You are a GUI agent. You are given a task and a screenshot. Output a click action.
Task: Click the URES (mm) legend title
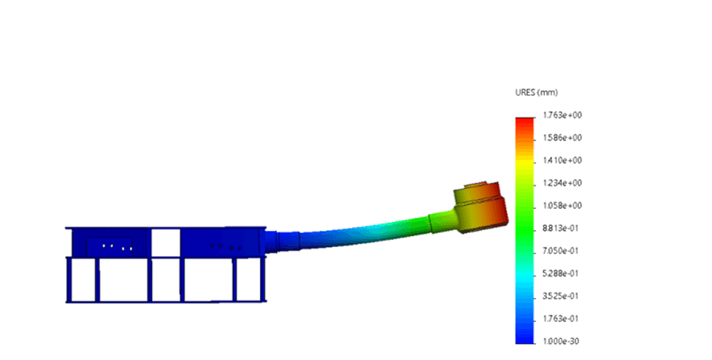tap(536, 93)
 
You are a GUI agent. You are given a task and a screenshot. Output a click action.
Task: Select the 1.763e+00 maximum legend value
tap(562, 115)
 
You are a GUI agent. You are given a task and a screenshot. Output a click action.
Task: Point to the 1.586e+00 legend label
tap(562, 138)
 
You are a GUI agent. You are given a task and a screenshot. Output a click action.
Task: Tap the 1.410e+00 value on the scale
tap(562, 161)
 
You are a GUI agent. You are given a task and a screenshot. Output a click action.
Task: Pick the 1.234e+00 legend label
tap(562, 183)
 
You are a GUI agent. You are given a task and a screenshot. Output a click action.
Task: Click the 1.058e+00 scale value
tap(562, 206)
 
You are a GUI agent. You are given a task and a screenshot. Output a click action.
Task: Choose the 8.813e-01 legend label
tap(561, 229)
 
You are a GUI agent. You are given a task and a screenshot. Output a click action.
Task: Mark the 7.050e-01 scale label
tap(561, 251)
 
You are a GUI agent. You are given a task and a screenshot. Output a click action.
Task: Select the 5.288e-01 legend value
tap(561, 274)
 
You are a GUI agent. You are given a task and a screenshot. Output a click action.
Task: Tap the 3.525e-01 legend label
tap(561, 296)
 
